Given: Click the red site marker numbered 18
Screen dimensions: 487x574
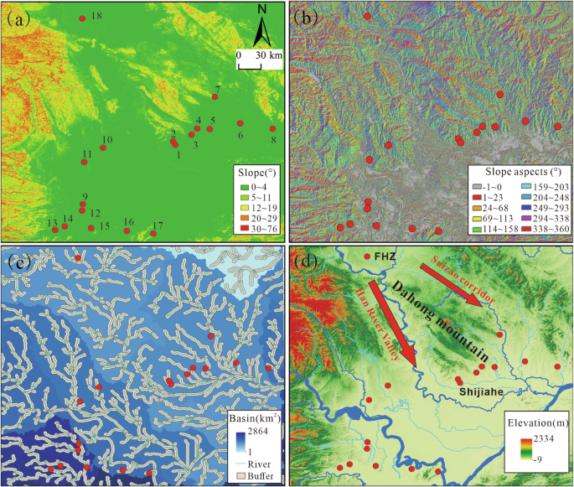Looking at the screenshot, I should [81, 18].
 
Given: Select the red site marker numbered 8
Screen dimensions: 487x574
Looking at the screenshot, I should [273, 129].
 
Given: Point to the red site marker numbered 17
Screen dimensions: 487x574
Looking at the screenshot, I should [153, 234].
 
